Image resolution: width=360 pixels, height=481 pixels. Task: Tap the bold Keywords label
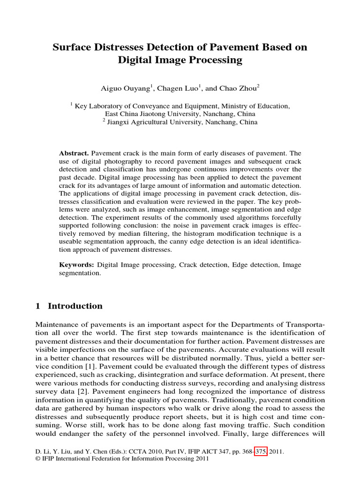click(x=76, y=265)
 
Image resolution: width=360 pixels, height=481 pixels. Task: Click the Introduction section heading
click(x=75, y=306)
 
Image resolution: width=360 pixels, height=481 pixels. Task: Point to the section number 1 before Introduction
click(x=38, y=306)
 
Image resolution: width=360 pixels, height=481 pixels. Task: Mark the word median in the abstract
click(x=152, y=233)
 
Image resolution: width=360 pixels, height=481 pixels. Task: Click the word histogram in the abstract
click(x=209, y=233)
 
